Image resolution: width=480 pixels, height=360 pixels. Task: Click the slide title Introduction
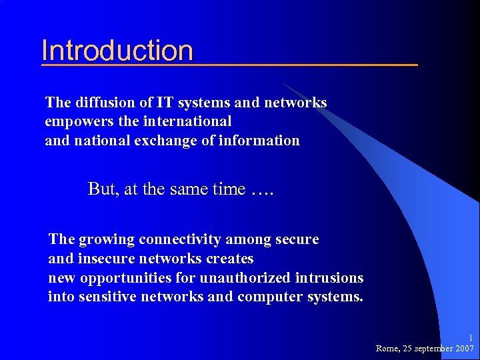coord(117,51)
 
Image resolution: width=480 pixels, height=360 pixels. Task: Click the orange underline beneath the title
coord(229,65)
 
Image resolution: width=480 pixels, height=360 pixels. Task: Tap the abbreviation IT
coord(164,103)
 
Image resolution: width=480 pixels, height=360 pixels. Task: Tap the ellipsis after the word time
coord(263,191)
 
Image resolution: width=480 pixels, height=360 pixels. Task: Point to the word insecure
coord(104,258)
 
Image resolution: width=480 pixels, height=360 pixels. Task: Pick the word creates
coord(229,258)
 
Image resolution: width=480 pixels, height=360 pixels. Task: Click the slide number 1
coord(470,338)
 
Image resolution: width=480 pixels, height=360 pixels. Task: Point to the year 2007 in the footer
coord(463,349)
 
